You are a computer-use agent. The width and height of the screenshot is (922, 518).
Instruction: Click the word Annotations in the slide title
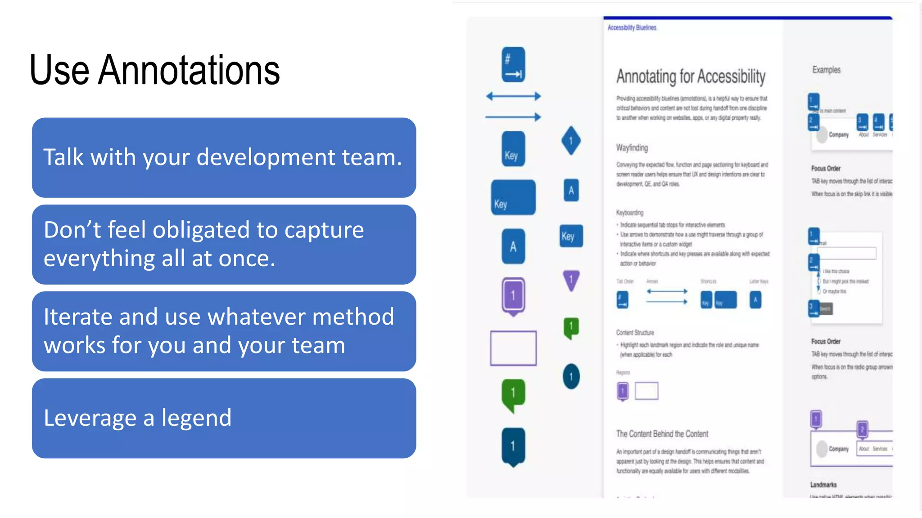(189, 70)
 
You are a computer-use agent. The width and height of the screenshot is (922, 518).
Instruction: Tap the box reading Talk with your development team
(224, 157)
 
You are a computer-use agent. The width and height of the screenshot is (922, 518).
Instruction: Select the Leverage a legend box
(224, 418)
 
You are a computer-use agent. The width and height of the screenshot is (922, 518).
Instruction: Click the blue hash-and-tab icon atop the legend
(513, 65)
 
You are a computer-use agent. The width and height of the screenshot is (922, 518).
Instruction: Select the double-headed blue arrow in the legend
(513, 96)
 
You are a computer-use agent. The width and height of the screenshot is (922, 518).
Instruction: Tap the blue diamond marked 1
(571, 141)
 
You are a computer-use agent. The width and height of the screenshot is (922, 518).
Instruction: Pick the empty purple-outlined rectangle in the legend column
(513, 348)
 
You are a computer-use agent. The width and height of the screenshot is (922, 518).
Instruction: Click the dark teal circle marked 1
(571, 376)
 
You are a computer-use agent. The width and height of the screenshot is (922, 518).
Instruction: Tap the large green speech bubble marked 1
(513, 394)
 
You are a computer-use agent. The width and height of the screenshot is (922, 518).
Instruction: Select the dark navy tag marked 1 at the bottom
(513, 446)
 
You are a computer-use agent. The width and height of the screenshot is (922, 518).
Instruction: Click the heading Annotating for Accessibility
(691, 76)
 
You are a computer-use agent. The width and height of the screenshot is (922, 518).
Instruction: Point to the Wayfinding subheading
(632, 147)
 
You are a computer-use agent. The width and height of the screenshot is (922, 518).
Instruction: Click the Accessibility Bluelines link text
(632, 27)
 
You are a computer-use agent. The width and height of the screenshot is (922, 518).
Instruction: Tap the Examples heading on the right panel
(826, 70)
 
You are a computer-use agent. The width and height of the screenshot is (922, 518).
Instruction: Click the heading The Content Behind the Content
(662, 434)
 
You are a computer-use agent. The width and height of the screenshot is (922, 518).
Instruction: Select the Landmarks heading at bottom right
(823, 485)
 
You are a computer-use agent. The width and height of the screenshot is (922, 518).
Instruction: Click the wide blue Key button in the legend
(513, 198)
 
